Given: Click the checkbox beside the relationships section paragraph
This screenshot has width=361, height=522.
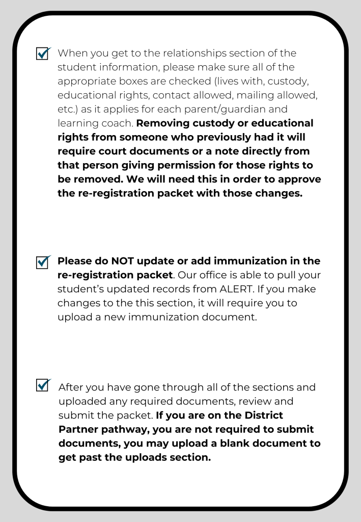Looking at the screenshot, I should (43, 54).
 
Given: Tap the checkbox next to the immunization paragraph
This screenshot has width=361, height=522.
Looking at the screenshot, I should (43, 262).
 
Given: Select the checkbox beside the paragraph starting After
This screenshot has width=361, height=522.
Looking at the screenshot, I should (43, 384).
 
